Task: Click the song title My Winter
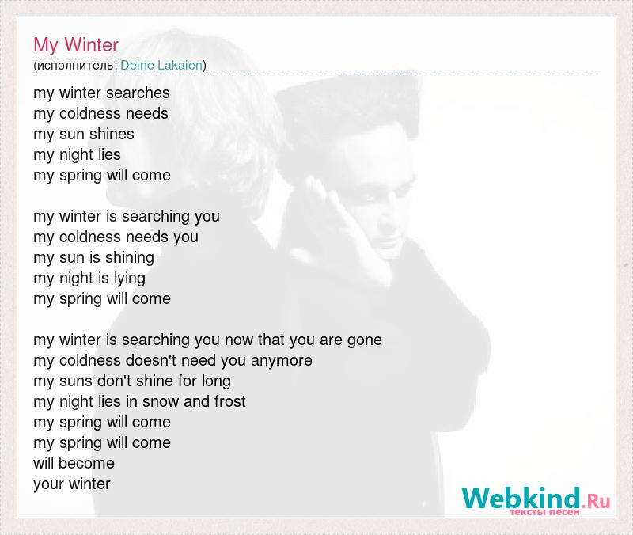pyautogui.click(x=76, y=45)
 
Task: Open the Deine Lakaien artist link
pyautogui.click(x=161, y=65)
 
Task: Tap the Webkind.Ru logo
pyautogui.click(x=536, y=500)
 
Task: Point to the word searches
pyautogui.click(x=138, y=93)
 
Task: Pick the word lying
pyautogui.click(x=129, y=279)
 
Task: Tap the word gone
pyautogui.click(x=365, y=341)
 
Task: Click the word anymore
pyautogui.click(x=282, y=361)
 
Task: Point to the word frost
pyautogui.click(x=230, y=401)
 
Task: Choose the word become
pyautogui.click(x=86, y=463)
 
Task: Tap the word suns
pyautogui.click(x=75, y=381)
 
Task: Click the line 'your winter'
pyautogui.click(x=72, y=484)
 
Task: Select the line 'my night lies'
pyautogui.click(x=77, y=155)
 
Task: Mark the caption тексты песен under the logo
pyautogui.click(x=544, y=512)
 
